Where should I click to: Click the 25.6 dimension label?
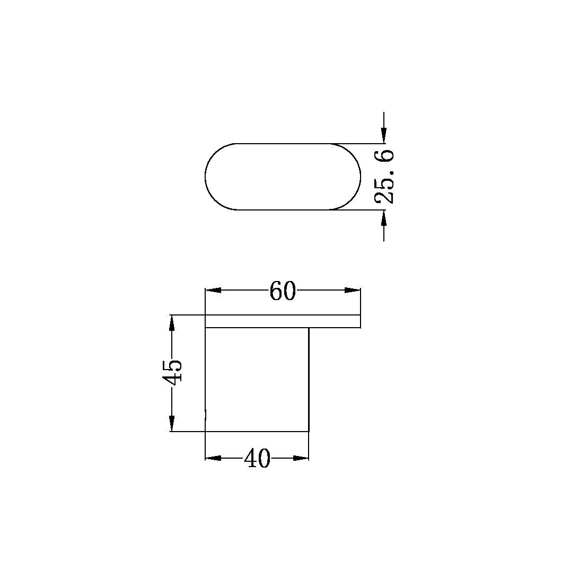pyautogui.click(x=384, y=177)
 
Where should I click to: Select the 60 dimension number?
pyautogui.click(x=282, y=291)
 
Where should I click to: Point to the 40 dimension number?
pyautogui.click(x=257, y=459)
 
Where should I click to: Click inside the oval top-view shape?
pyautogui.click(x=283, y=177)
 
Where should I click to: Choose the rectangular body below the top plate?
pyautogui.click(x=257, y=379)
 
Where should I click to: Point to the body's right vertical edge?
pyautogui.click(x=309, y=379)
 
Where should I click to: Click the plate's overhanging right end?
pyautogui.click(x=335, y=321)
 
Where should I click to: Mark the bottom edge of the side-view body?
pyautogui.click(x=257, y=431)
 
